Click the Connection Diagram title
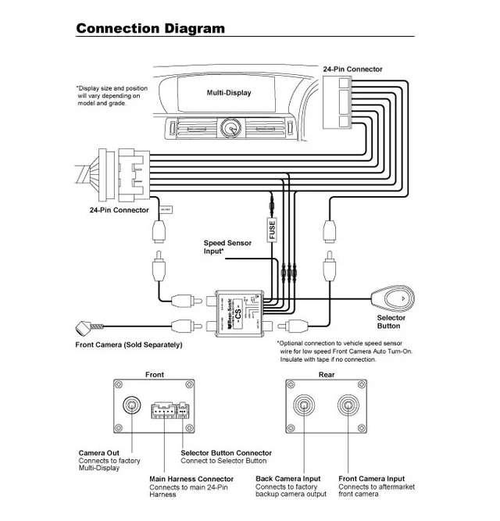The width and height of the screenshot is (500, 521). (150, 29)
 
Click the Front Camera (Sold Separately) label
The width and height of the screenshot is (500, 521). (128, 344)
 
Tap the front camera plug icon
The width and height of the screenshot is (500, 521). (84, 327)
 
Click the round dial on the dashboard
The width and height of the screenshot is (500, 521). (230, 127)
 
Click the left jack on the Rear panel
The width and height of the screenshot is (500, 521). (303, 405)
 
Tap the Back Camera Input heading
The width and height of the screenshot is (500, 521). (287, 479)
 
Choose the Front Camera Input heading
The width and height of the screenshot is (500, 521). (371, 479)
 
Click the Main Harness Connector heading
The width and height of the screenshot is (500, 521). (191, 479)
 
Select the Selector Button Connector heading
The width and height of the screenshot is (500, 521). (226, 453)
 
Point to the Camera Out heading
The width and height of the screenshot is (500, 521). (98, 453)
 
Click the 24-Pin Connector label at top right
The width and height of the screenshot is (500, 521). (352, 70)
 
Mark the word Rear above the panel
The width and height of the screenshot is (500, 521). (327, 375)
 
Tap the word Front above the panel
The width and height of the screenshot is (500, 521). (155, 375)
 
